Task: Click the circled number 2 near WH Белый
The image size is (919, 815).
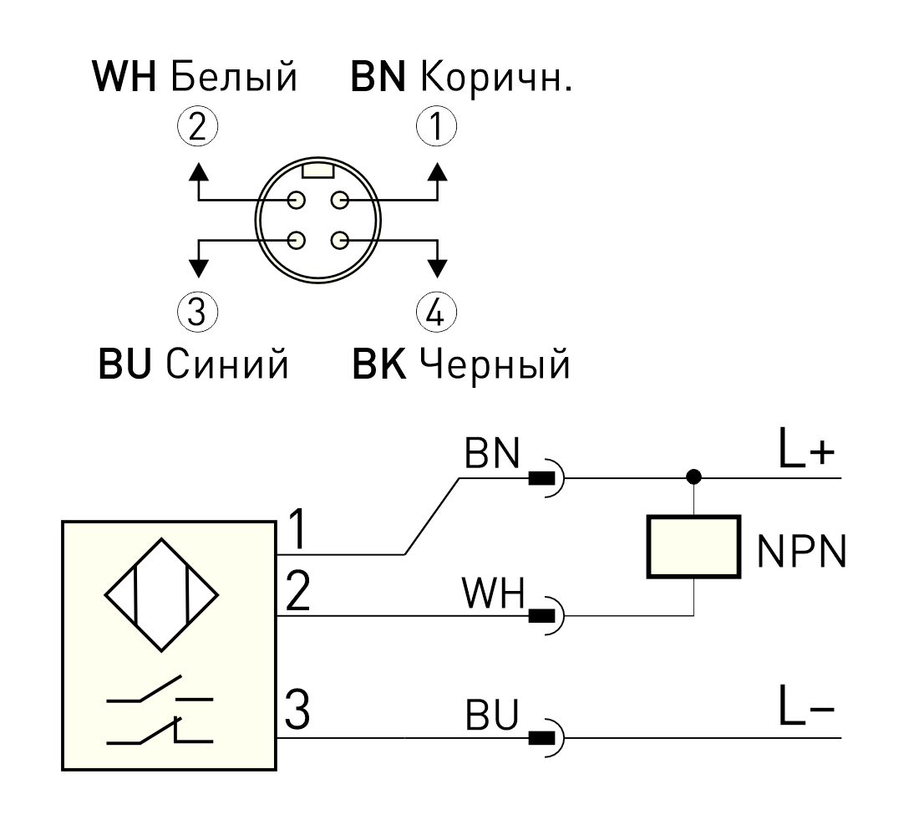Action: [x=197, y=126]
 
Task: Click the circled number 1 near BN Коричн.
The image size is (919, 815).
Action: [x=436, y=126]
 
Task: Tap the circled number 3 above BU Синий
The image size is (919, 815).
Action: [x=197, y=311]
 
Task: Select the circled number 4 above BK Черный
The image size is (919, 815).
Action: [x=436, y=311]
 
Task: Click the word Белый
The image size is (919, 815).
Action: [x=235, y=77]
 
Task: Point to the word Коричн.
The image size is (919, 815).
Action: [x=496, y=77]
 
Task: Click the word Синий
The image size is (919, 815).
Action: [x=226, y=364]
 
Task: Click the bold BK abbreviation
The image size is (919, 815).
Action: [x=378, y=364]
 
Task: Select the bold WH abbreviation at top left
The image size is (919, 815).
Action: [x=124, y=76]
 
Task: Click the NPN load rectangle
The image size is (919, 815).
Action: [x=694, y=547]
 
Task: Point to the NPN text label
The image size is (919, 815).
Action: [x=802, y=551]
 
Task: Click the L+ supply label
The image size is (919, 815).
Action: [x=806, y=448]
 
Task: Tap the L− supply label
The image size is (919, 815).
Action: [x=806, y=705]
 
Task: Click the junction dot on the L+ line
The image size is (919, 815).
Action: [x=694, y=476]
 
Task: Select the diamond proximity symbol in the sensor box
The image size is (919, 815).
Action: [x=161, y=595]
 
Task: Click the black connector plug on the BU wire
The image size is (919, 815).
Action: [x=541, y=737]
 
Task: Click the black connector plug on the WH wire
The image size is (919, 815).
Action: [x=541, y=616]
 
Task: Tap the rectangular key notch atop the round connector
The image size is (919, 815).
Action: [x=317, y=171]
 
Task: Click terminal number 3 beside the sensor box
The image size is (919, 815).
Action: [x=297, y=710]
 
